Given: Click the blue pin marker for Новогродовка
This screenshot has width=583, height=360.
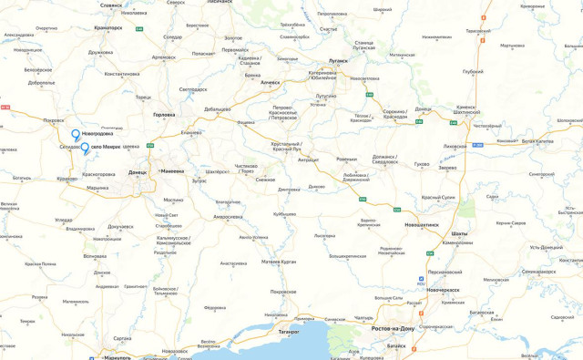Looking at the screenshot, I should [76, 136].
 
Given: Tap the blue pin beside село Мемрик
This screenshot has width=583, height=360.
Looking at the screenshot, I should [85, 148].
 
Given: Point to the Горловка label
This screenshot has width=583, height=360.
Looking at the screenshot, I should [164, 115].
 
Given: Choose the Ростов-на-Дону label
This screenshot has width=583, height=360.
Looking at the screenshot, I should [394, 328].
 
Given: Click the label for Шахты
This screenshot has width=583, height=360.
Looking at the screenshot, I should [459, 234].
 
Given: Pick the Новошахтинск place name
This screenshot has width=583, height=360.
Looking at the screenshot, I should [422, 223].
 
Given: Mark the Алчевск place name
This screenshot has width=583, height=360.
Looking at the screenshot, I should [271, 83].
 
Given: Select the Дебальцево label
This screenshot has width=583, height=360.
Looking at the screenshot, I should [217, 109].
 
